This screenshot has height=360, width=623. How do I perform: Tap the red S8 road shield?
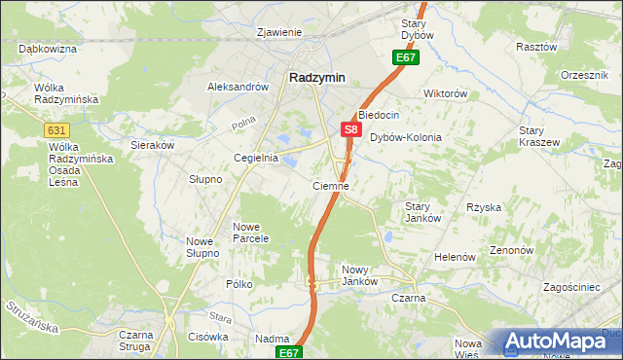tap(351, 128)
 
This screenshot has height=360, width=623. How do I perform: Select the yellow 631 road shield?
tap(55, 130)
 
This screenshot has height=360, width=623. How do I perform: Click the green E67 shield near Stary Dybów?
tap(406, 59)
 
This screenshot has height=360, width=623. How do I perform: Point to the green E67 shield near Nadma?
tap(289, 352)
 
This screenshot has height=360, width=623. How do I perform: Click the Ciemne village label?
tap(330, 185)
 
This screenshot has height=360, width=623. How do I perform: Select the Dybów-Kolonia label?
tap(406, 137)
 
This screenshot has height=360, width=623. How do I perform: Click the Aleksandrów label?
tap(238, 87)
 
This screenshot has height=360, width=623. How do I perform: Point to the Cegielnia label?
tap(256, 158)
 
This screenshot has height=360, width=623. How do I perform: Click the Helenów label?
tap(455, 257)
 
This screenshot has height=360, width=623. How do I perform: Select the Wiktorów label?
tap(446, 94)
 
